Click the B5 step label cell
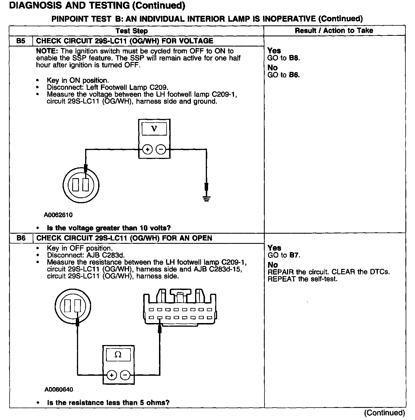21,41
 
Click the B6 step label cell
21,238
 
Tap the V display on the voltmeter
154,129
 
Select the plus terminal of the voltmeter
147,149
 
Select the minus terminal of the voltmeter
161,149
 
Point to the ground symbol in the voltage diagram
206,199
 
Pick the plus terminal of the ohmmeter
112,375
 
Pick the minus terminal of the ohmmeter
125,375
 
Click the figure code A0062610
58,215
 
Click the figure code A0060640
59,390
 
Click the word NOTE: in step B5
47,51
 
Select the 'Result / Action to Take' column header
334,30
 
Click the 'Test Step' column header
131,31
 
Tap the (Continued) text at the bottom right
384,413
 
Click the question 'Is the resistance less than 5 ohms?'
108,403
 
